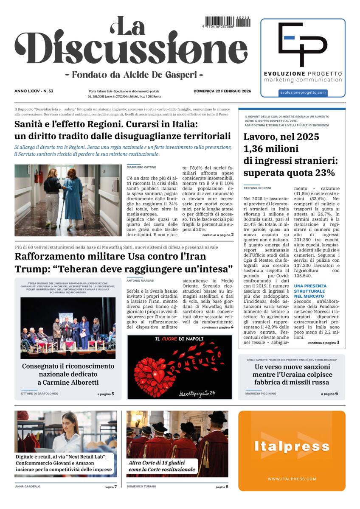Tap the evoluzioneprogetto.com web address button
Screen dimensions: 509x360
pyautogui.click(x=303, y=92)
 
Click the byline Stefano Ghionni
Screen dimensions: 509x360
pyautogui.click(x=257, y=187)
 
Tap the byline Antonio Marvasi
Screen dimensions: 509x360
pyautogui.click(x=141, y=280)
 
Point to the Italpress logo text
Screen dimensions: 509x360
pyautogui.click(x=292, y=446)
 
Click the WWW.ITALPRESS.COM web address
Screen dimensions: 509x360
pyautogui.click(x=292, y=479)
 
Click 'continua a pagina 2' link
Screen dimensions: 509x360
pyautogui.click(x=218, y=235)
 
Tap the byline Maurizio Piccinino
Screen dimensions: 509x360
pyautogui.click(x=260, y=394)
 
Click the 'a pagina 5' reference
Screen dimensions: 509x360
pyautogui.click(x=105, y=394)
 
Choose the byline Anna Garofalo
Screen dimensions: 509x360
pyautogui.click(x=28, y=487)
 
